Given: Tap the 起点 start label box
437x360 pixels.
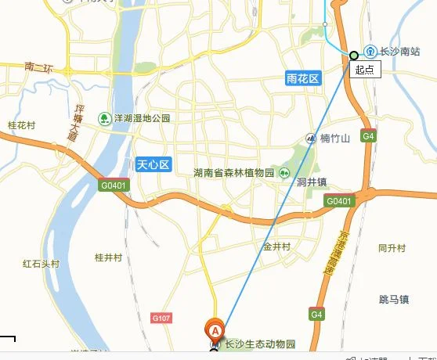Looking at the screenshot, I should pos(364,70).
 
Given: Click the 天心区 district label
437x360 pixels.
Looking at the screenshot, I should pos(153,164).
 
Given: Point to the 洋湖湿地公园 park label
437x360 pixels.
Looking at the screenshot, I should pos(142,118).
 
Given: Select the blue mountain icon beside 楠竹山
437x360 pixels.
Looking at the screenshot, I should pos(311,139).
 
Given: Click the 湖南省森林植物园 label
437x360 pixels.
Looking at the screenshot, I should pos(234,173).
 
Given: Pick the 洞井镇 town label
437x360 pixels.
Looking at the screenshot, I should pos(311,182).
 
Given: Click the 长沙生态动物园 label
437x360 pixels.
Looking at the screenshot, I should pos(260,344).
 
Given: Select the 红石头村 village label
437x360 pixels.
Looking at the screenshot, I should pos(41,264).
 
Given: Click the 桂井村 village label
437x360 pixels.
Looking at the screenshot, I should pos(109,257).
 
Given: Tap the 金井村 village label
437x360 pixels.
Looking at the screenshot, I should pos(276,247).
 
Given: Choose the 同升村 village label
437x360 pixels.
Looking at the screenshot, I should pos(392,248).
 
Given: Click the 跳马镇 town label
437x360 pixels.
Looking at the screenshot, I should pos(394,299).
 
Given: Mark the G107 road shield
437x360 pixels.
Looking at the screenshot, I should pos(161,318).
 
